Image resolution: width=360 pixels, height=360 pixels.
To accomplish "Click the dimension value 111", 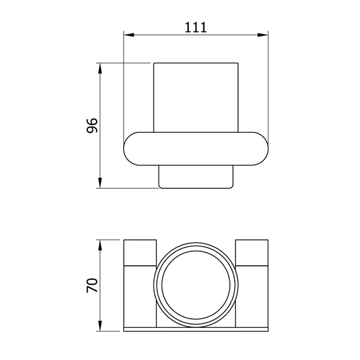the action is coord(196,27).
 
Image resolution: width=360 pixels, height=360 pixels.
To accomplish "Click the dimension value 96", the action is coord(92,125).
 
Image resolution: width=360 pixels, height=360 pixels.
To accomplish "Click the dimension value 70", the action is coord(92,285).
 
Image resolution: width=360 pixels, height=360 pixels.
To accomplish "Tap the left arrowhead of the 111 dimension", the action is coord(129,35).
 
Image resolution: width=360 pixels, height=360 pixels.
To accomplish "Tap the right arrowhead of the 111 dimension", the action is coord(263,35).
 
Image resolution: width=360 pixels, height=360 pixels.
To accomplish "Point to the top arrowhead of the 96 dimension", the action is coord(100,68).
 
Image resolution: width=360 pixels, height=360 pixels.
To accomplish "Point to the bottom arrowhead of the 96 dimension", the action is coord(100,183).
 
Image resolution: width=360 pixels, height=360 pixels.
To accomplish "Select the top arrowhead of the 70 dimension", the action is coord(100,245).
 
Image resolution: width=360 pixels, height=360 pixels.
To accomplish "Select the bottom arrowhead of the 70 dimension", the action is coord(100,326).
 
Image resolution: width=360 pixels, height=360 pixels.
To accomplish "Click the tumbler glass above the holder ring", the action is coord(196,97).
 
